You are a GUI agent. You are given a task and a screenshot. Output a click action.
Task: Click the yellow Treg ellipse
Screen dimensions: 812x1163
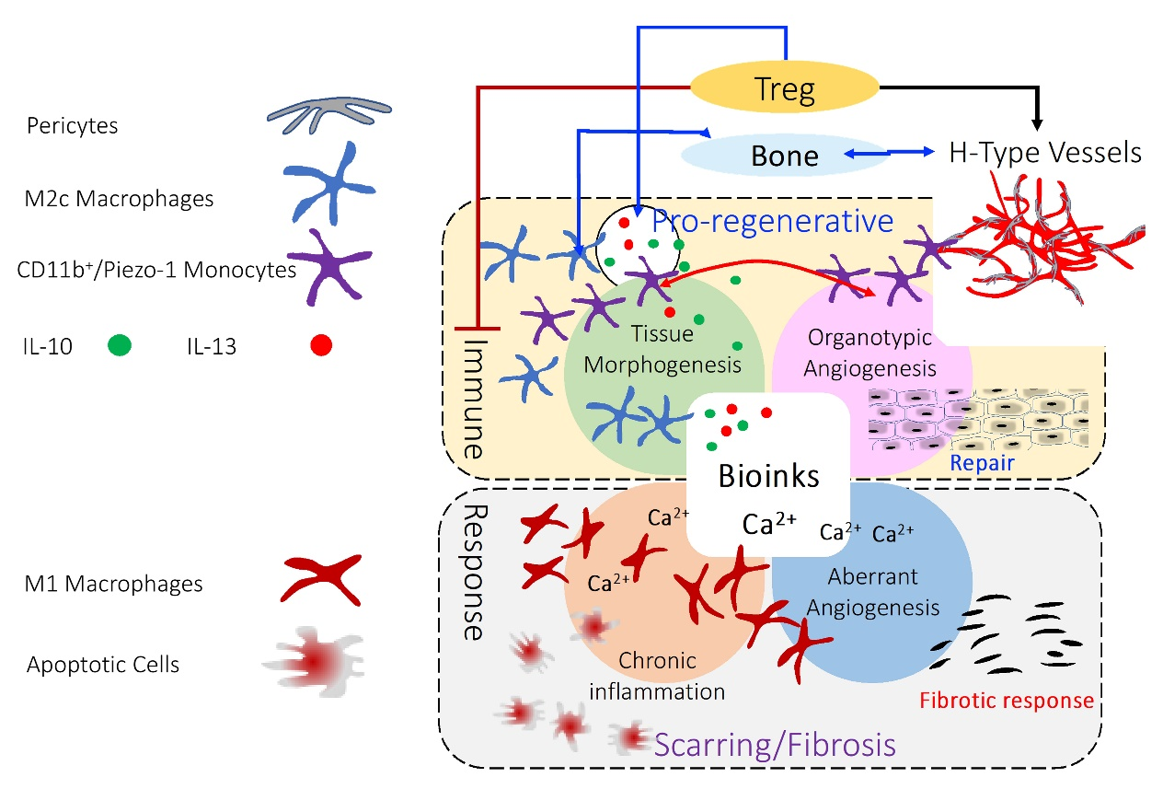tap(785, 88)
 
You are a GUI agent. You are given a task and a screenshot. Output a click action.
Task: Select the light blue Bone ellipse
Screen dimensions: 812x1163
tap(785, 155)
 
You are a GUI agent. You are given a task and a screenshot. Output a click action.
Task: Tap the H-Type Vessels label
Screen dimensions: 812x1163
tap(1045, 152)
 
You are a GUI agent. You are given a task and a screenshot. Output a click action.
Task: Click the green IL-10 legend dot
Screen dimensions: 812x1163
tap(120, 346)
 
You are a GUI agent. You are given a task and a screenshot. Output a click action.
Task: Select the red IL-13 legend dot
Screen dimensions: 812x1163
tap(320, 346)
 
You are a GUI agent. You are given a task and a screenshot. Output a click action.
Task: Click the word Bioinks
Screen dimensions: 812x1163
tap(768, 477)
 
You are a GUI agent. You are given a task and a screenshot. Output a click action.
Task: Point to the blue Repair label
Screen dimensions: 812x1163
tap(983, 462)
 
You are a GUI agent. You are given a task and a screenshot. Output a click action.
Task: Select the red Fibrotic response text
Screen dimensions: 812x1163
tap(1008, 701)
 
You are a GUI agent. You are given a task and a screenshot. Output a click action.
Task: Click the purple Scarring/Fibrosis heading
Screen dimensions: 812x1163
tap(776, 743)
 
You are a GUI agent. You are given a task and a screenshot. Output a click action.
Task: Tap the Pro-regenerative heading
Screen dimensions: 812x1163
tap(773, 221)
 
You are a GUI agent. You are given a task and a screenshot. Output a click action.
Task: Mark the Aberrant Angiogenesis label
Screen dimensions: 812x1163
tap(871, 592)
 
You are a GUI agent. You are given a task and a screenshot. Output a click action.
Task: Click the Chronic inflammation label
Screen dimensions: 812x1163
tap(657, 675)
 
